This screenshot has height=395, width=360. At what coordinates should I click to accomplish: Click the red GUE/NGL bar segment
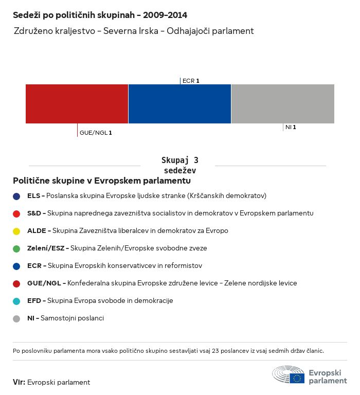tap(77, 103)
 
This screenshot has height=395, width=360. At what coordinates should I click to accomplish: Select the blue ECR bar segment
tap(179, 103)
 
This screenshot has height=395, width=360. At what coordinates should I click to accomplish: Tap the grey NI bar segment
tap(283, 103)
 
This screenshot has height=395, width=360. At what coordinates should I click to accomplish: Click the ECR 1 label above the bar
tap(191, 81)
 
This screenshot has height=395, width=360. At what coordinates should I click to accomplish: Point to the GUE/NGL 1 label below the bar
tap(96, 133)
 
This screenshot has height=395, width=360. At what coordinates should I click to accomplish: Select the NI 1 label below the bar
tap(291, 127)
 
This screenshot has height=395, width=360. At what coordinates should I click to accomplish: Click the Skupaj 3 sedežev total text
tap(179, 166)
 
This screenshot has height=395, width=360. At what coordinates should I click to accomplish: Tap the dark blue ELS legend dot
tap(16, 196)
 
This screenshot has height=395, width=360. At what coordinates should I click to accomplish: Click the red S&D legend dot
tap(16, 213)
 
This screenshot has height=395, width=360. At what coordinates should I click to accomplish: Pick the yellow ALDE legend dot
tap(16, 231)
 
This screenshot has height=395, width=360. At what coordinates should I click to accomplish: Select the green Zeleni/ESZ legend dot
tap(16, 248)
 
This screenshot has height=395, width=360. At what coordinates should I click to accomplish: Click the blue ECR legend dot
tap(16, 266)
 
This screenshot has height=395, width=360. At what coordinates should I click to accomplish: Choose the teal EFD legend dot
tap(16, 301)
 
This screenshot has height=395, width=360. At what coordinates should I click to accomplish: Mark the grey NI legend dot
tap(16, 318)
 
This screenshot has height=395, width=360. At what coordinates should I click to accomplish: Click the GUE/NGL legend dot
tap(16, 283)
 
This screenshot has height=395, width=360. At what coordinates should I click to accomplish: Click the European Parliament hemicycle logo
tap(289, 375)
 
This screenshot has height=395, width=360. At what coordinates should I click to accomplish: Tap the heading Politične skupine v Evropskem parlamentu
tap(102, 181)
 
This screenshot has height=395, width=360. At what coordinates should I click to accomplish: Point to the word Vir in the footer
tap(19, 382)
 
